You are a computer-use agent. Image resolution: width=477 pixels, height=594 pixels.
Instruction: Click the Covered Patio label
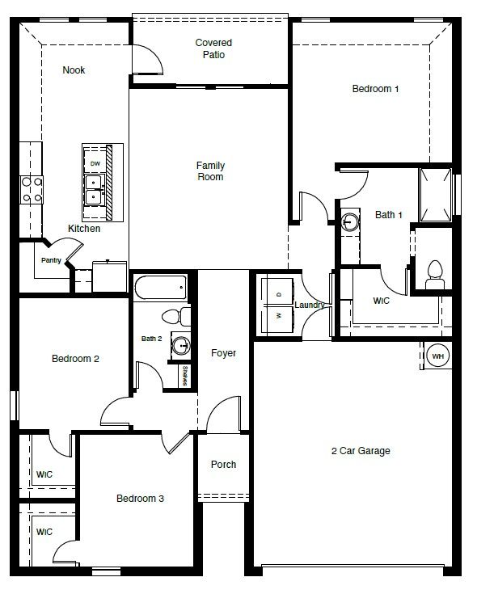213,48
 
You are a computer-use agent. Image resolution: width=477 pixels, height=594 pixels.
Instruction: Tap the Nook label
74,70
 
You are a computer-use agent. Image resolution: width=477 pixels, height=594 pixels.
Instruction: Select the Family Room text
210,171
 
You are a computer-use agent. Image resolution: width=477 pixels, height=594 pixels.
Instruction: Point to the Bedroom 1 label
375,89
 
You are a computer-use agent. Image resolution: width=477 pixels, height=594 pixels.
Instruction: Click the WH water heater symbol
437,356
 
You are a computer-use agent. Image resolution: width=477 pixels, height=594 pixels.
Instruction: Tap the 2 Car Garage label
361,451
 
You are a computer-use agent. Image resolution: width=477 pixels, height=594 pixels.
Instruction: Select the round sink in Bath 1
349,222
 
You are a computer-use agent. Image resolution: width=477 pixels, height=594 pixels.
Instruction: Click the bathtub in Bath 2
162,287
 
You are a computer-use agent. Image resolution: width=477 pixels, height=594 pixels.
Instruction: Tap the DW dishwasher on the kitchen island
95,164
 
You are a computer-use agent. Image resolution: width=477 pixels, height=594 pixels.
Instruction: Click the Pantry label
52,260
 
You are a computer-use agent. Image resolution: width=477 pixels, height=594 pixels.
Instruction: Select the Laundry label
310,305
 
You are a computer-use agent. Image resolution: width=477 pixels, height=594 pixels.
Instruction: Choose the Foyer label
223,353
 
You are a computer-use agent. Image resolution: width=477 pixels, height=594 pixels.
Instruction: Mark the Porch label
223,464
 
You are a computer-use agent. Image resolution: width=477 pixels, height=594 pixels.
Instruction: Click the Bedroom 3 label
139,499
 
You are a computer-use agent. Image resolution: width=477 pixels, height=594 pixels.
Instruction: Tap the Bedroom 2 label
75,359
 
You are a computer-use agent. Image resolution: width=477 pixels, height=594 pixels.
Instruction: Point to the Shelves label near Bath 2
185,376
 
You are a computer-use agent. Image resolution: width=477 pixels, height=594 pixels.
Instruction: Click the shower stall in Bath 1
434,194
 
